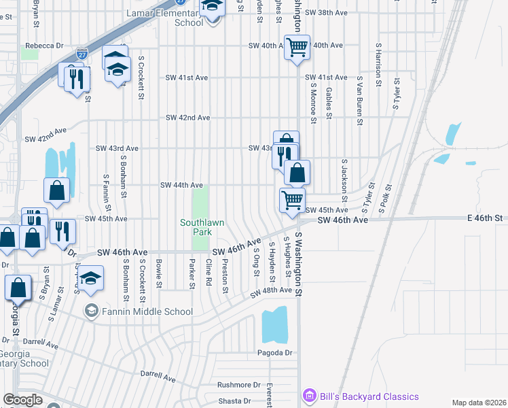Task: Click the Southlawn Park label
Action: coord(202,227)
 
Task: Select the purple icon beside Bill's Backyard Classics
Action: coord(310,396)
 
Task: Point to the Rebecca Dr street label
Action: coord(44,46)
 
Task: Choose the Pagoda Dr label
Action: coord(274,352)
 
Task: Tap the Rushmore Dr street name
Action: coord(239,384)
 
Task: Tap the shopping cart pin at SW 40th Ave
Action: coord(297,48)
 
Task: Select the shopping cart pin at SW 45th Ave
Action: coord(292,201)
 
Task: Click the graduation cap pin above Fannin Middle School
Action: coord(90,279)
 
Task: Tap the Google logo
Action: coord(23,399)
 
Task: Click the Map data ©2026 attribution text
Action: coord(478,403)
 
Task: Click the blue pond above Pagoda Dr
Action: coord(274,325)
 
